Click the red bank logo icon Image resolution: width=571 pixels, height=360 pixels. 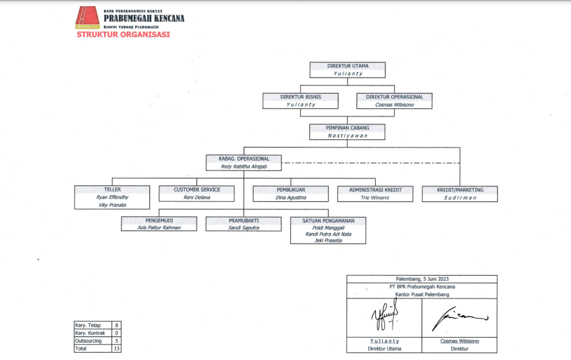click(87, 18)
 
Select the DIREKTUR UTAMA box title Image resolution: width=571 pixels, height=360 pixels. click(348, 66)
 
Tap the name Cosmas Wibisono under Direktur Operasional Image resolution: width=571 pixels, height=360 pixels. click(395, 105)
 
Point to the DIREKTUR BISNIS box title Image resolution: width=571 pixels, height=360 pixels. click(301, 97)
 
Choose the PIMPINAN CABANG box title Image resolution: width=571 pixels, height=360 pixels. click(348, 128)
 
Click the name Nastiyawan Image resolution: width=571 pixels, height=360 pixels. click(348, 136)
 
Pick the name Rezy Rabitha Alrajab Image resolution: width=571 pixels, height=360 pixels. click(244, 167)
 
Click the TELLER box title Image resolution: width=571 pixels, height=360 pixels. click(112, 190)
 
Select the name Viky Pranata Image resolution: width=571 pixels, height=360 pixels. click(112, 205)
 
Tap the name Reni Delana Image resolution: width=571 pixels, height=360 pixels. click(197, 198)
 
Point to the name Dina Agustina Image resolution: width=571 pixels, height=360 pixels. click(291, 198)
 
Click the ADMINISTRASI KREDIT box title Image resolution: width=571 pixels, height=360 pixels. click(376, 190)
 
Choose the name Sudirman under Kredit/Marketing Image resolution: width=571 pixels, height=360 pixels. click(459, 198)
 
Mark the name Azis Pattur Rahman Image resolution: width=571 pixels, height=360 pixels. click(159, 228)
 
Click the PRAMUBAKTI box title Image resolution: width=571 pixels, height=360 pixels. click(244, 221)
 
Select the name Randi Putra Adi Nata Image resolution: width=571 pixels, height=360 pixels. click(328, 234)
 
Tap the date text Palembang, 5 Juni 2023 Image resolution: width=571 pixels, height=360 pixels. click(422, 279)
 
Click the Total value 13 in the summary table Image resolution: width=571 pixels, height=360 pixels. click(116, 348)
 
